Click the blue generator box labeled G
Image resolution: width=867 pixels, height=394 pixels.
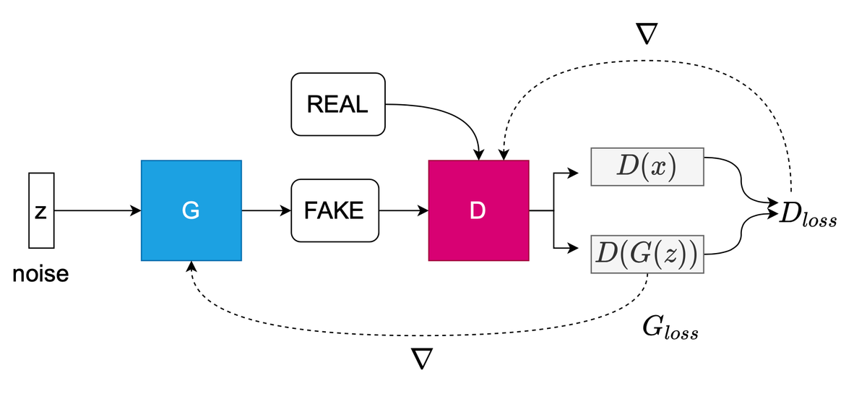pyautogui.click(x=191, y=210)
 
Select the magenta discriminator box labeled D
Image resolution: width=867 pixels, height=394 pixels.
pyautogui.click(x=478, y=210)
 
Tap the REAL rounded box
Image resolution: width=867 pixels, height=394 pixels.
pyautogui.click(x=337, y=104)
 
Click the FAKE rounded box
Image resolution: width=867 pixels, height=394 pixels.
pyautogui.click(x=334, y=210)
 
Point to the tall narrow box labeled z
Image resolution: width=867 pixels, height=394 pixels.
pyautogui.click(x=41, y=210)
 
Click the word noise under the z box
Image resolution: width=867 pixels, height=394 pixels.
pyautogui.click(x=40, y=275)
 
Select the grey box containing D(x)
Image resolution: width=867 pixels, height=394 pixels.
pyautogui.click(x=647, y=167)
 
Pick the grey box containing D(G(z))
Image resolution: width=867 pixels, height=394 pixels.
pyautogui.click(x=647, y=254)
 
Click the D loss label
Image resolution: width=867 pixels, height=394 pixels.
pyautogui.click(x=808, y=214)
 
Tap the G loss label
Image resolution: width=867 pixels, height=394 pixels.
pyautogui.click(x=670, y=328)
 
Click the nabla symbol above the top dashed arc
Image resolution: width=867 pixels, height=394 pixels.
pyautogui.click(x=644, y=33)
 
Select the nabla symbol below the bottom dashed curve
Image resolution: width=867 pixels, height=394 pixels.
pyautogui.click(x=422, y=359)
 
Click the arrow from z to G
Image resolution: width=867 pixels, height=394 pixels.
pyautogui.click(x=98, y=211)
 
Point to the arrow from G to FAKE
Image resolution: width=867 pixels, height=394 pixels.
pyautogui.click(x=266, y=211)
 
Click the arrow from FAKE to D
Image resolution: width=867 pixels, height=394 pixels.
pyautogui.click(x=403, y=211)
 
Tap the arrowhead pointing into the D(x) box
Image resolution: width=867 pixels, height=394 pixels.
pyautogui.click(x=574, y=174)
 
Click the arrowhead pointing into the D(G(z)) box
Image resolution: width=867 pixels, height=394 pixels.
pyautogui.click(x=574, y=249)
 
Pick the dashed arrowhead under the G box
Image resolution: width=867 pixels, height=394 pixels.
pyautogui.click(x=191, y=267)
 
